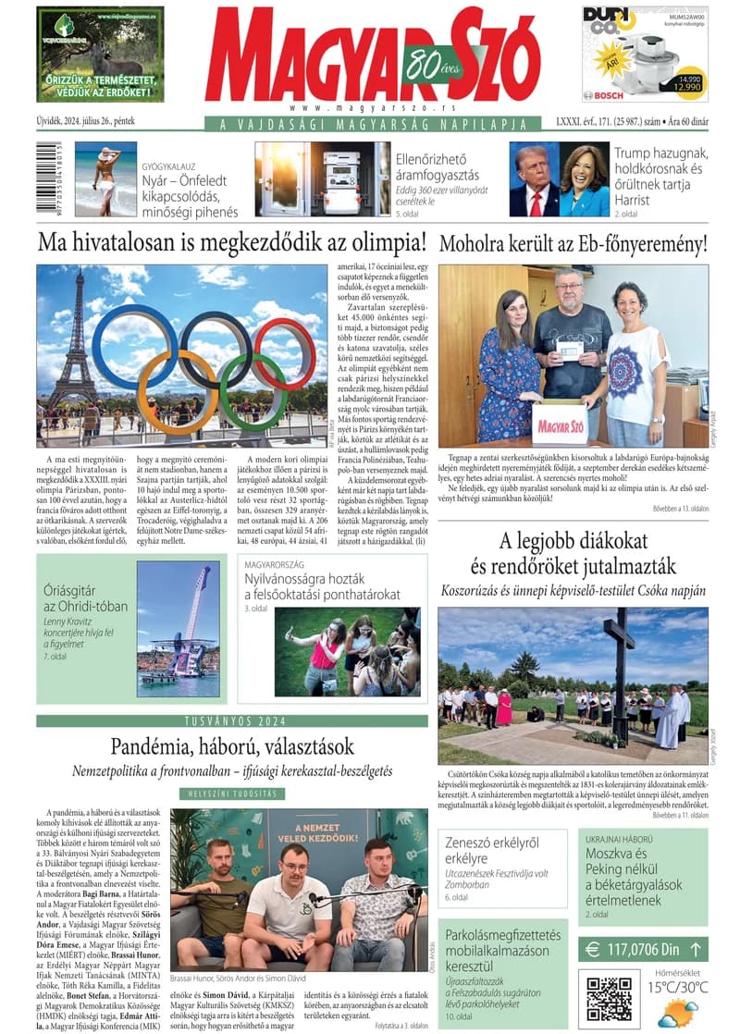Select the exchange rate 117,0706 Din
(643, 948)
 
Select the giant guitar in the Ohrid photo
(189, 602)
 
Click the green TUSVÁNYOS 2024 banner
(232, 720)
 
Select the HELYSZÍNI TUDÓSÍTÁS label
(232, 793)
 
